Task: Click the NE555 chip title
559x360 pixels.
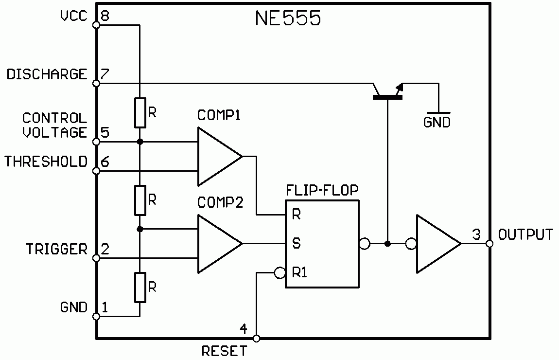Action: pyautogui.click(x=288, y=18)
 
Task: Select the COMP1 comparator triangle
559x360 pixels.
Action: pyautogui.click(x=216, y=157)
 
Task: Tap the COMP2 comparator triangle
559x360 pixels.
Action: pyautogui.click(x=216, y=244)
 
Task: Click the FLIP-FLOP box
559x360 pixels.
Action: pyautogui.click(x=322, y=243)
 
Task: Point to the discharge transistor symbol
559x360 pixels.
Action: pyautogui.click(x=387, y=92)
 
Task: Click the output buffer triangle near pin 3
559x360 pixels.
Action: pyautogui.click(x=435, y=244)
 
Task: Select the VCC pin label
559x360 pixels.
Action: pyautogui.click(x=73, y=16)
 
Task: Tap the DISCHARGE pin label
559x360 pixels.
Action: pyautogui.click(x=47, y=74)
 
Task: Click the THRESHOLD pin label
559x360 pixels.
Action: pyautogui.click(x=46, y=162)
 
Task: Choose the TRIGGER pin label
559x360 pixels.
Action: pyautogui.click(x=56, y=249)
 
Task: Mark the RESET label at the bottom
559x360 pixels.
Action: pyautogui.click(x=224, y=351)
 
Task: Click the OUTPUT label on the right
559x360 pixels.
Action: pyautogui.click(x=526, y=234)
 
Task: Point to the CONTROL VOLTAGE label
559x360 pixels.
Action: pyautogui.click(x=54, y=125)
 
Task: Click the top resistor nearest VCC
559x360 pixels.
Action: pyautogui.click(x=140, y=112)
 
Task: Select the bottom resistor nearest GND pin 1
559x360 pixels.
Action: pyautogui.click(x=140, y=288)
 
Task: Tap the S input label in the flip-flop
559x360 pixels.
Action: pyautogui.click(x=296, y=243)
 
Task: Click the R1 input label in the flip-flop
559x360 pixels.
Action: pyautogui.click(x=299, y=272)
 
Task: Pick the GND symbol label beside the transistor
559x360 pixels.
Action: pyautogui.click(x=437, y=123)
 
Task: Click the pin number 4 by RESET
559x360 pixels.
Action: pyautogui.click(x=244, y=328)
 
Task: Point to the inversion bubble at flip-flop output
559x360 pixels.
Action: pyautogui.click(x=364, y=243)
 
